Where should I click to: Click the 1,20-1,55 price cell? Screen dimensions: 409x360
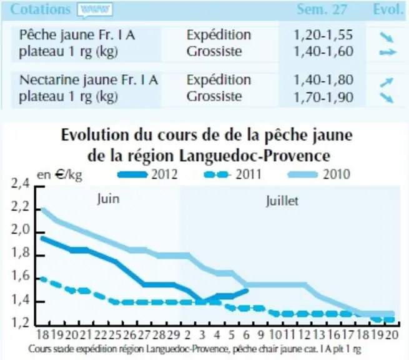[323, 35]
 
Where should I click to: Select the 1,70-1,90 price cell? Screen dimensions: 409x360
[323, 97]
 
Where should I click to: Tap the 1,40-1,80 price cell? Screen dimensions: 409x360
[323, 79]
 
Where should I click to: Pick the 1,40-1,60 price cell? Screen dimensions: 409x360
[323, 51]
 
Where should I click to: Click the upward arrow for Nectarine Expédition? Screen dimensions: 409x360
[387, 82]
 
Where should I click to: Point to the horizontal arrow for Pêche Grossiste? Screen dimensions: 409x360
[388, 52]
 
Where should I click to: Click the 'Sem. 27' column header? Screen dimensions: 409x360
[322, 9]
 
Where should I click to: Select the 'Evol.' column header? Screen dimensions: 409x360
[388, 9]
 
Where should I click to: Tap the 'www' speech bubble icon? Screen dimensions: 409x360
[95, 11]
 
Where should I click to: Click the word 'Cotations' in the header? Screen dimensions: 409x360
[41, 9]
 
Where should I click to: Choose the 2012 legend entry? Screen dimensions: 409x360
[147, 174]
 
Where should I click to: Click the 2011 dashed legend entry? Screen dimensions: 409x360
[232, 174]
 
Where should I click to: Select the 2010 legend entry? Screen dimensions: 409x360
[318, 174]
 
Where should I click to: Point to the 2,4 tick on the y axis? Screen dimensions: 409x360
[21, 184]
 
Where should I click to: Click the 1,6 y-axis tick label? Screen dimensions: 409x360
[21, 276]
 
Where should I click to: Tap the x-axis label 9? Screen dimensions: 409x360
[261, 334]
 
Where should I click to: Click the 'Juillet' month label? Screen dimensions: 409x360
[282, 201]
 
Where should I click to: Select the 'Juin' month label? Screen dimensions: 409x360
[108, 199]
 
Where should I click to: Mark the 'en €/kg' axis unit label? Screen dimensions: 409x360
[60, 175]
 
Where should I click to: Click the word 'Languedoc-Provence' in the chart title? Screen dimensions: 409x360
[255, 156]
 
